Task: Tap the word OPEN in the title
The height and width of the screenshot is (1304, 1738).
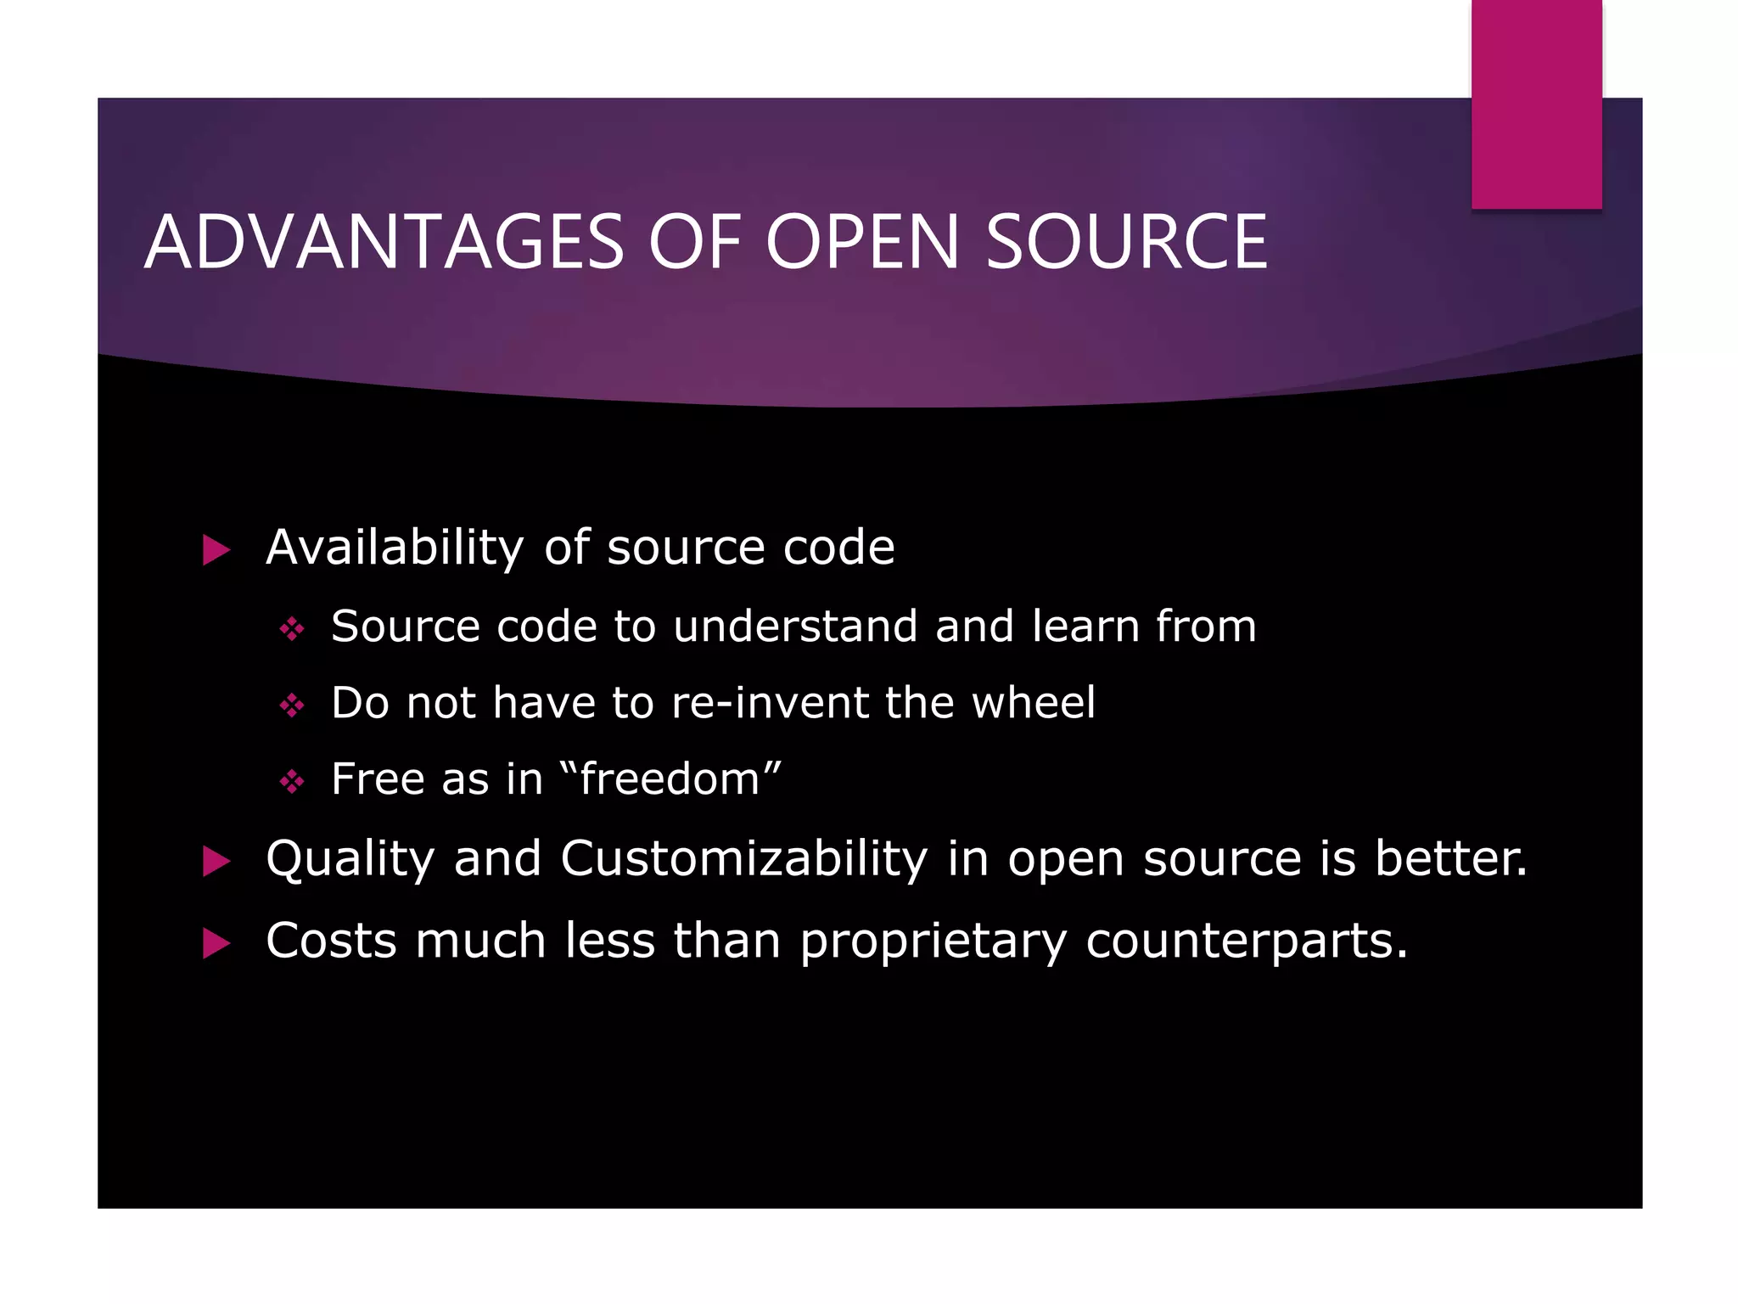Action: tap(863, 243)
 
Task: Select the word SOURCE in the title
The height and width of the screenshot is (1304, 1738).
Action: tap(1126, 243)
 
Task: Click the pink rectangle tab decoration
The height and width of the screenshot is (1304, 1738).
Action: tap(1536, 104)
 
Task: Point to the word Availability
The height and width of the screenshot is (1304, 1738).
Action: tap(395, 548)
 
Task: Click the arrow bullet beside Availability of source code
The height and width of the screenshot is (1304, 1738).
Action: tap(216, 550)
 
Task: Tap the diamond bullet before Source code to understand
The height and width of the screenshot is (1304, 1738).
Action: tap(292, 629)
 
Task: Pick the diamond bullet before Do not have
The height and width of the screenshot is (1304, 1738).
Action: tap(292, 705)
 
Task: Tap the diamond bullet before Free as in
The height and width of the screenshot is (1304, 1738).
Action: tap(292, 781)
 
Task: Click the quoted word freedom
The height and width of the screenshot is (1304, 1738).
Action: tap(670, 779)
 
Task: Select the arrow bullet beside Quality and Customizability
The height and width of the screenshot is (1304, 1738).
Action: tap(216, 862)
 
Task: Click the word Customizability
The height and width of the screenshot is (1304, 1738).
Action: tap(743, 859)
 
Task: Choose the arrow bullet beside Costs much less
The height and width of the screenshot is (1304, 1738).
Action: tap(216, 943)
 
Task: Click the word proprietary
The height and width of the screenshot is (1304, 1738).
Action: tap(933, 942)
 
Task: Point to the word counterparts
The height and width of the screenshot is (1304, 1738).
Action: tap(1245, 941)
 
